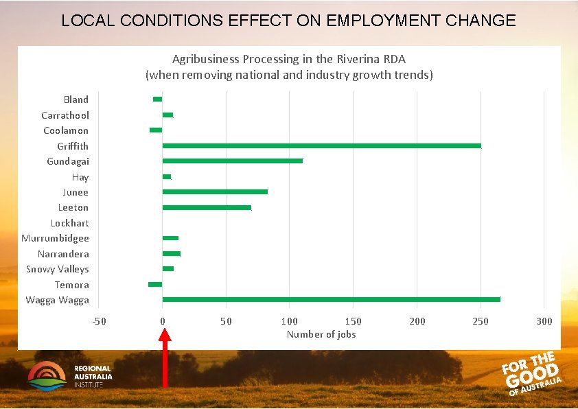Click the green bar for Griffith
[321, 145]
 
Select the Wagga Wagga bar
[331, 299]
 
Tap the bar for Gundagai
[232, 161]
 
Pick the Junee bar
[215, 191]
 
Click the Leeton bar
[207, 207]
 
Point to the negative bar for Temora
[155, 284]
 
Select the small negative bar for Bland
[158, 100]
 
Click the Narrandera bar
[171, 253]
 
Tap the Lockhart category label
[69, 223]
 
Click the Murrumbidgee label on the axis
[55, 238]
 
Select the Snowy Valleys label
[57, 269]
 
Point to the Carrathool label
[65, 115]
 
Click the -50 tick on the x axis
[99, 321]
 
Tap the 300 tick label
[544, 321]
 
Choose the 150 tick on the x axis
[353, 321]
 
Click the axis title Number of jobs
[321, 334]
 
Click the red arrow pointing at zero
[164, 364]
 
